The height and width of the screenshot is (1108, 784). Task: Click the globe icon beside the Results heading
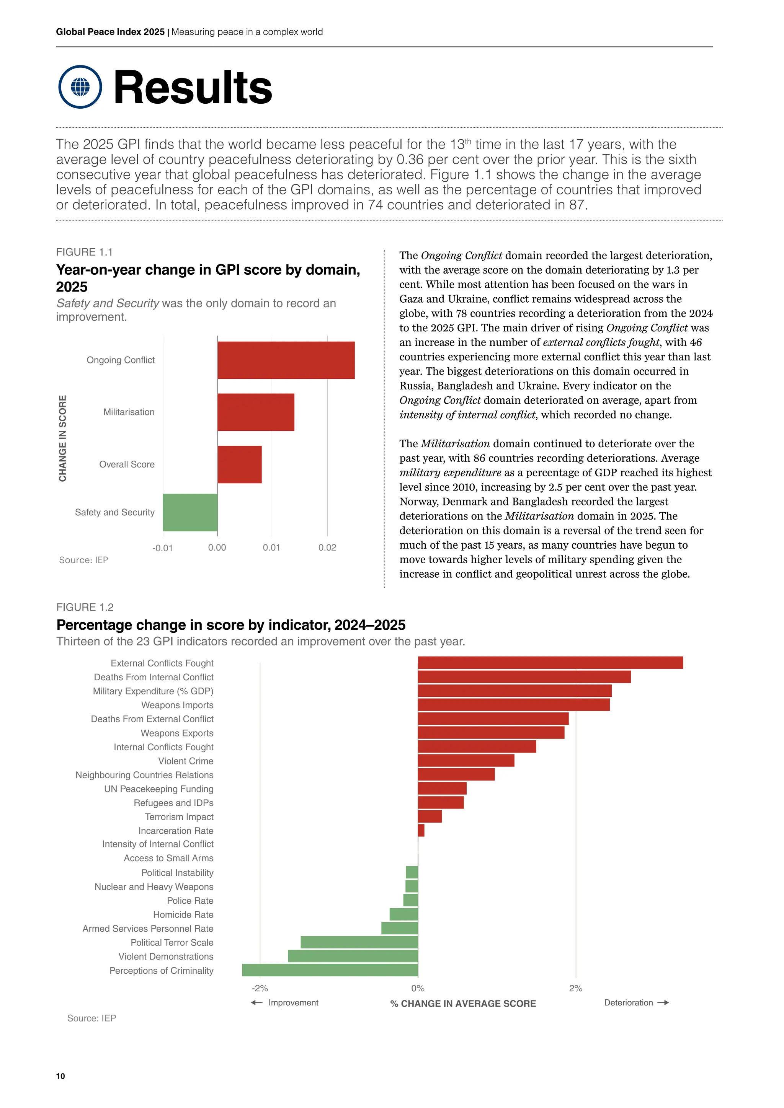[x=80, y=87]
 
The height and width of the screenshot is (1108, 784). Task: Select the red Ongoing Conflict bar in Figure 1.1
[x=286, y=360]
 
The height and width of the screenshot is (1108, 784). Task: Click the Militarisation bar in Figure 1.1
[x=256, y=412]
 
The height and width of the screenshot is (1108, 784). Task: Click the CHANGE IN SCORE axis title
[x=63, y=438]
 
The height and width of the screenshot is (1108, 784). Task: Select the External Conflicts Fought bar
[x=550, y=663]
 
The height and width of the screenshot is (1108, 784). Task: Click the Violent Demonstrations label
[x=166, y=956]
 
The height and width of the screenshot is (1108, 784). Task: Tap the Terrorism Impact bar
[x=430, y=816]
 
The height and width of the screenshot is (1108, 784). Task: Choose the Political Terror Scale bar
[x=359, y=942]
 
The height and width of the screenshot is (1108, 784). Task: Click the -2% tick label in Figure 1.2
[x=260, y=988]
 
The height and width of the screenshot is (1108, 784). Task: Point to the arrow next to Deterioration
[x=663, y=1002]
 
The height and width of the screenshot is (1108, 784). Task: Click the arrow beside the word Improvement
[x=257, y=1002]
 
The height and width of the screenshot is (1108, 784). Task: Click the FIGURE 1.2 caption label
[x=85, y=607]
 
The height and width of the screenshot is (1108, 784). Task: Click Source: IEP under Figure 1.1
[x=83, y=560]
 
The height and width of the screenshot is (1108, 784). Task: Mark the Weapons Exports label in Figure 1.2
[x=177, y=733]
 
